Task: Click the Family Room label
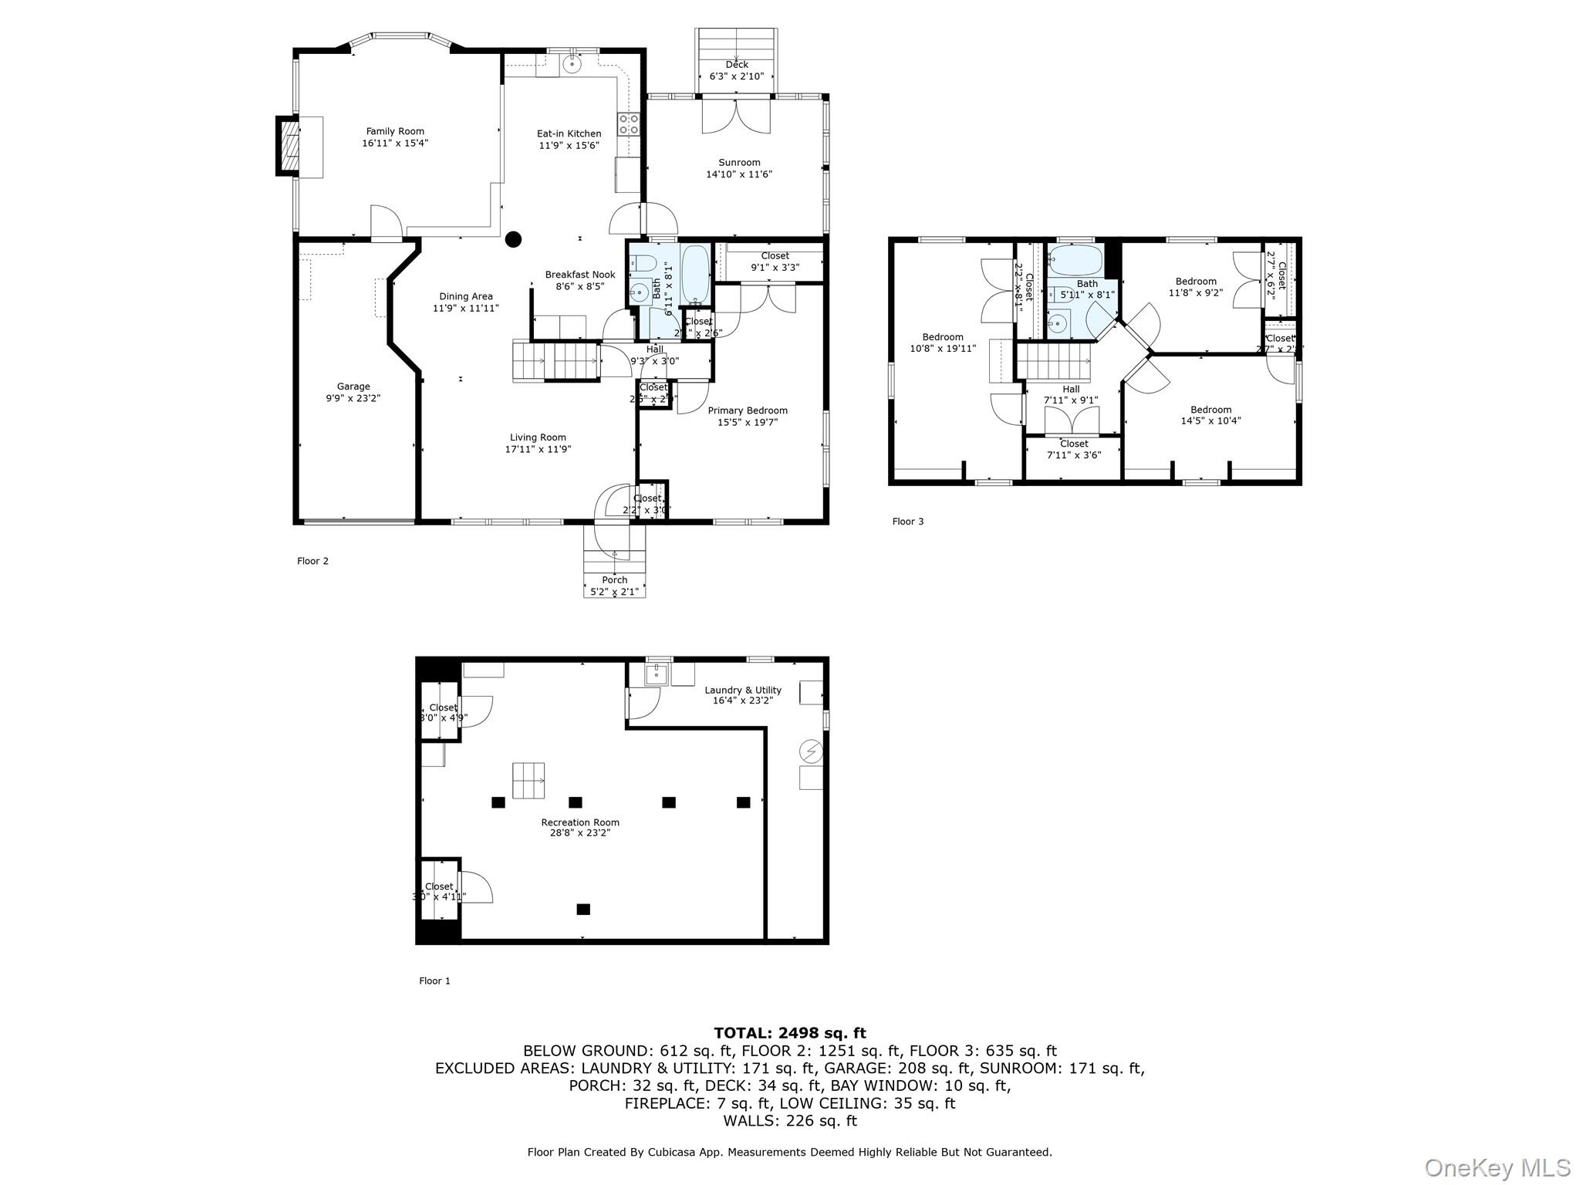(x=395, y=132)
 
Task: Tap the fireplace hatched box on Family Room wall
(x=289, y=146)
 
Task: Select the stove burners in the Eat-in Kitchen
(x=628, y=124)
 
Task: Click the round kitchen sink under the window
(x=572, y=64)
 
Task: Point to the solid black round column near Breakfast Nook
(x=513, y=239)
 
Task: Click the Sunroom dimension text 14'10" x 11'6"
(x=739, y=174)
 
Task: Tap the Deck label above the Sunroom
(x=737, y=65)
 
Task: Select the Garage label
(x=353, y=387)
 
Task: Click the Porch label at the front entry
(x=615, y=580)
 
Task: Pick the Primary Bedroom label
(x=748, y=410)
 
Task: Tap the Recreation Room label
(x=580, y=822)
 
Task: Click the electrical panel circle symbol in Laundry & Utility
(x=811, y=750)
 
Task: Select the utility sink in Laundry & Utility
(x=657, y=674)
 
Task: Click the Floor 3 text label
(x=908, y=522)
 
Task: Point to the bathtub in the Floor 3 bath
(x=1076, y=261)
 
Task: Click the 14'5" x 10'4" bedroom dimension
(x=1210, y=421)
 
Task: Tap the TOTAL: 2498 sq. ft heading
(x=789, y=1033)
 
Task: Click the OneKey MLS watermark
(x=1497, y=1167)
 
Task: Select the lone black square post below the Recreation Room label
(x=583, y=909)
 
